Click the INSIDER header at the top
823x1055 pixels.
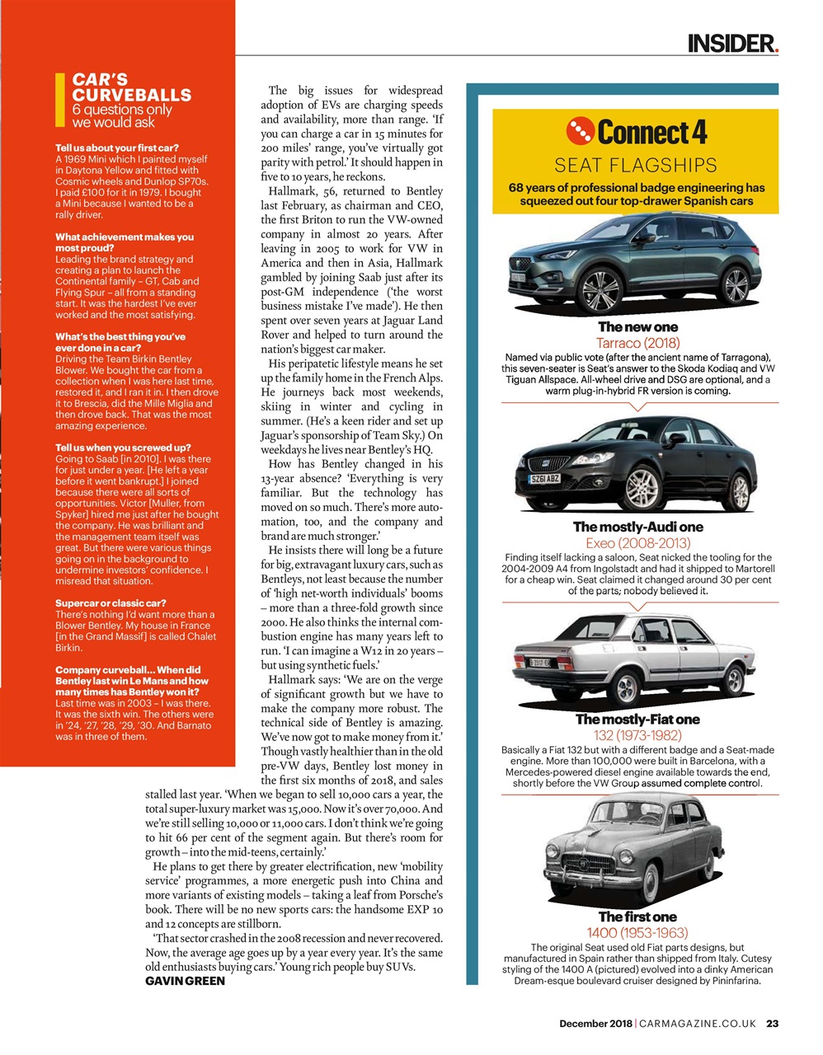tap(732, 43)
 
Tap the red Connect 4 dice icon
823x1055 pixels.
tap(580, 131)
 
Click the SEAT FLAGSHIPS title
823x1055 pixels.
tap(635, 165)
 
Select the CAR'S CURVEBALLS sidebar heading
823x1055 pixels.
tap(131, 87)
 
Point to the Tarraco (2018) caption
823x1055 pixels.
tap(637, 343)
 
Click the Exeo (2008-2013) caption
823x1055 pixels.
tap(637, 543)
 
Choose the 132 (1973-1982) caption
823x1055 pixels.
tap(637, 735)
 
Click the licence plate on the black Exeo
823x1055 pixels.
tap(544, 479)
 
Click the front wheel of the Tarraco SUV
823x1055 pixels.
tap(601, 290)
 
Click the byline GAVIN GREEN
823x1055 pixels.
tap(185, 981)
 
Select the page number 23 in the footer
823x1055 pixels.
tap(772, 1024)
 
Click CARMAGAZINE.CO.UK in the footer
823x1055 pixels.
tap(698, 1024)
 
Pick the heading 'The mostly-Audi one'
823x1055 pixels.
tap(637, 527)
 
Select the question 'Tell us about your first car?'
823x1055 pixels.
tap(116, 148)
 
